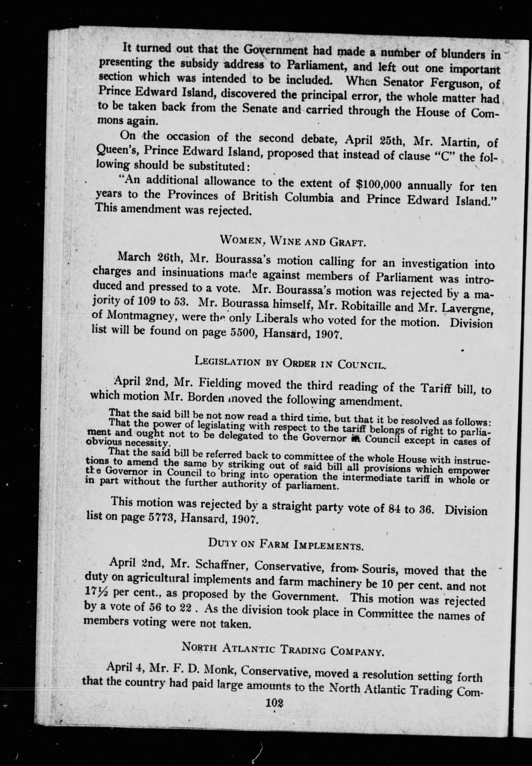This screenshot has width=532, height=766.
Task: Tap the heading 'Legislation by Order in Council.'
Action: point(289,362)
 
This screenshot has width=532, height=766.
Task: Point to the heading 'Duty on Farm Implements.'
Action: point(286,544)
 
